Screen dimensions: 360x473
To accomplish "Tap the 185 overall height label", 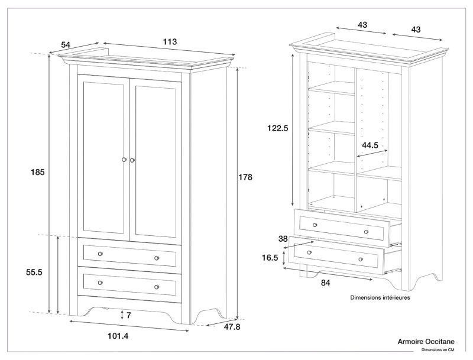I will click(x=38, y=172).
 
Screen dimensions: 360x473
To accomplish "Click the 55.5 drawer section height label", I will click(x=38, y=273).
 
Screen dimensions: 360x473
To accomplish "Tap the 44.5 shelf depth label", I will click(x=371, y=144).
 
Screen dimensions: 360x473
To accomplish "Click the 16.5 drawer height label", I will click(x=270, y=258).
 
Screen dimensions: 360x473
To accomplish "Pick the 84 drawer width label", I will click(x=325, y=283).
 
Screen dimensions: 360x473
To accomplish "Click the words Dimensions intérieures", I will click(x=380, y=298).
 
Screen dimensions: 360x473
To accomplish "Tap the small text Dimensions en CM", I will click(x=438, y=350).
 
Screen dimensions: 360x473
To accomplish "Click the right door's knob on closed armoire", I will click(x=133, y=160).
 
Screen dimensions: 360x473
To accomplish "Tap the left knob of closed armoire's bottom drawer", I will click(x=100, y=283).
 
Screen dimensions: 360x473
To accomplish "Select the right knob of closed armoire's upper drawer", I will click(x=157, y=258).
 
